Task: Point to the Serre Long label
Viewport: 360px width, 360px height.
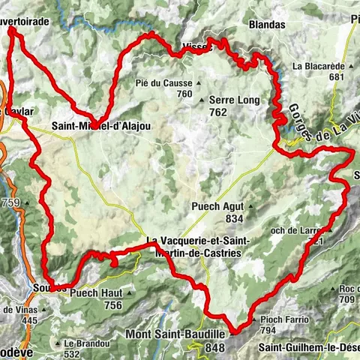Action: point(234,100)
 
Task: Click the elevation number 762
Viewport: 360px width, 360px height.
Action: point(218,112)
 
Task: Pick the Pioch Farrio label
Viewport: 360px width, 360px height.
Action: point(285,319)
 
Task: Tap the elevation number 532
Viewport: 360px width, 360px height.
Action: point(72,354)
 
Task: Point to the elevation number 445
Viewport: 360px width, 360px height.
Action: point(29,320)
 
